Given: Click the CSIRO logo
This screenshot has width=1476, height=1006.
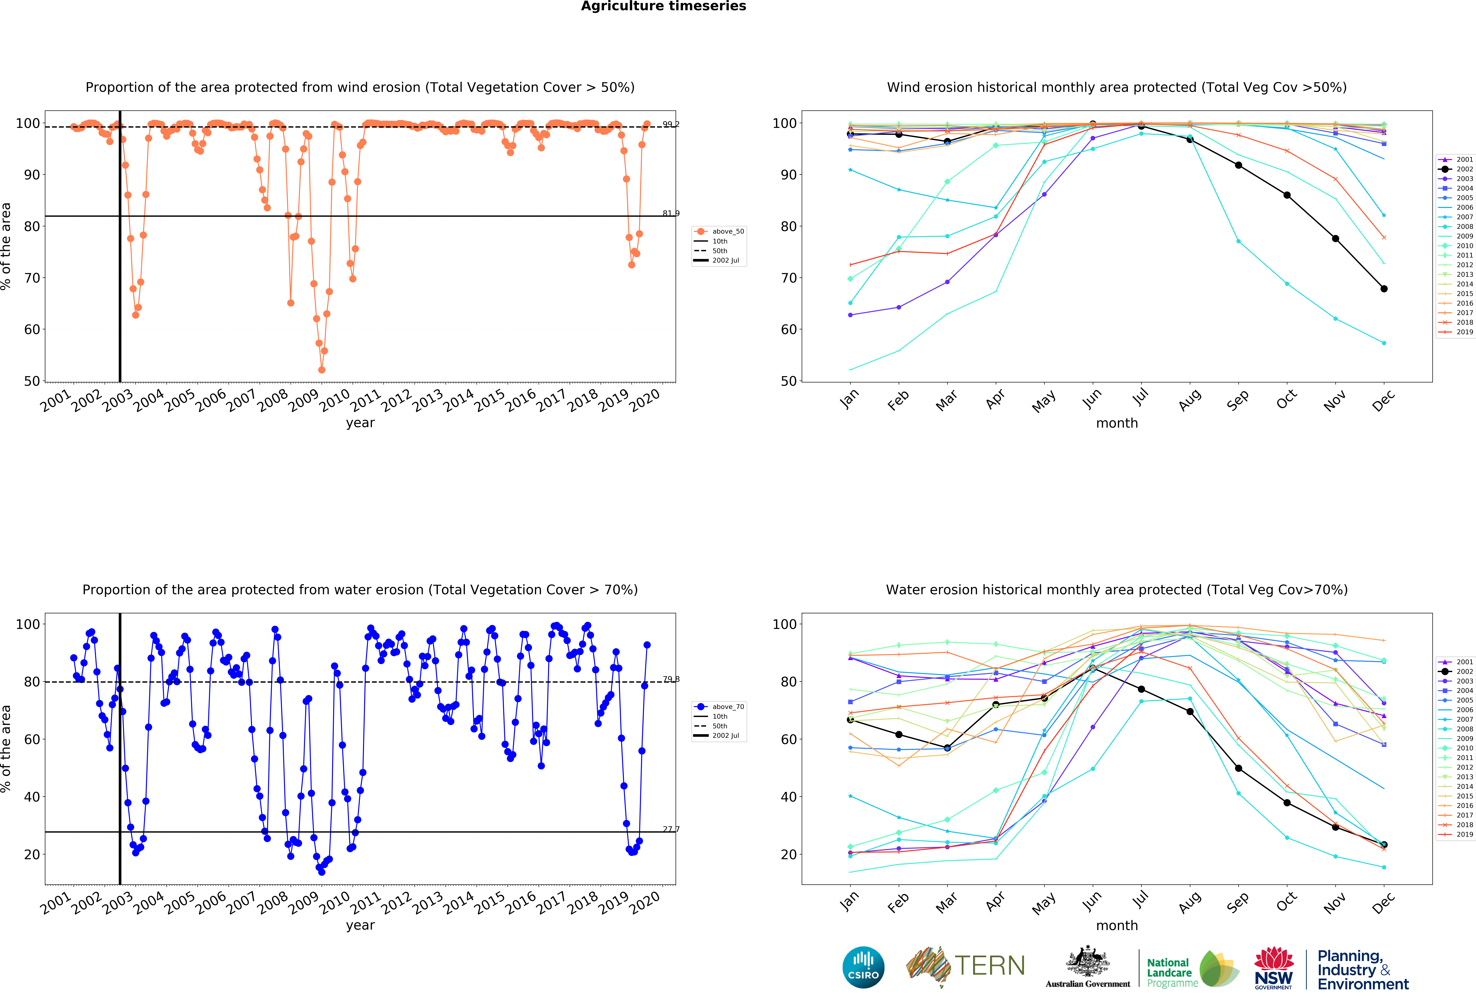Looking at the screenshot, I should click(x=863, y=967).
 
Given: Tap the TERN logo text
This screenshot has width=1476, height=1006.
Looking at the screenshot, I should click(x=990, y=966).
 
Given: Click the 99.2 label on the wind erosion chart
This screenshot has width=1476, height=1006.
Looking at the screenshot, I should click(x=671, y=124).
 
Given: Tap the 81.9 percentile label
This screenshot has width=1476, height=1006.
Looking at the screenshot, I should click(x=671, y=213).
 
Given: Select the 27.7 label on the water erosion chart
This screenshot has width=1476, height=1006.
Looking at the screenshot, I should click(x=671, y=829).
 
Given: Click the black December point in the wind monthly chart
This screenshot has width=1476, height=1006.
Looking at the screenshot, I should click(x=1384, y=289).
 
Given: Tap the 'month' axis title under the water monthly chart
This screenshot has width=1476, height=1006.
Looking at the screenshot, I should click(x=1116, y=925).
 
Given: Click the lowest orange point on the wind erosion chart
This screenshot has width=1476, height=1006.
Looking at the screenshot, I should click(x=321, y=370).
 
